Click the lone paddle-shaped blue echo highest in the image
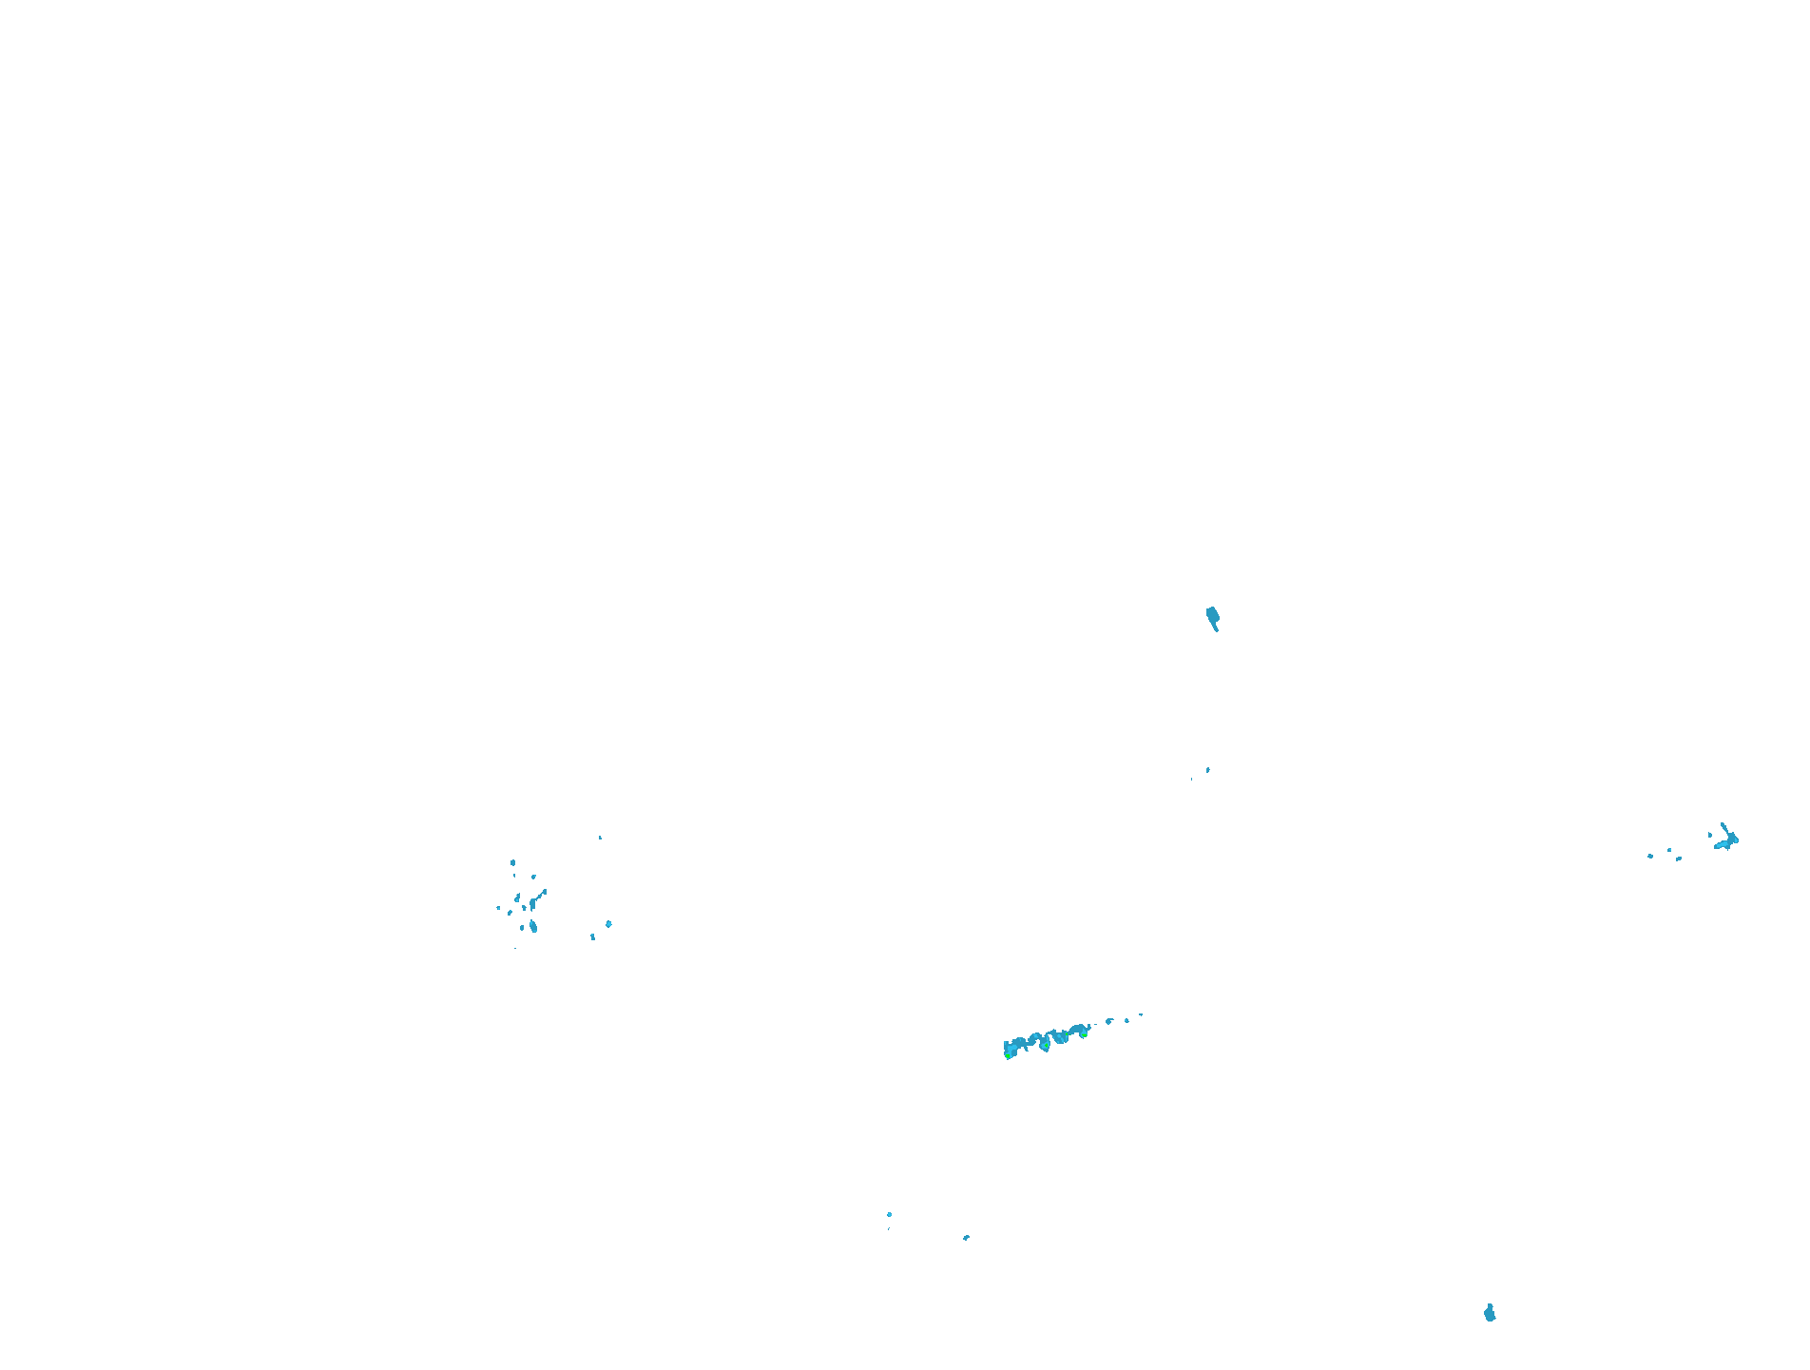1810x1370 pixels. [x=1212, y=617]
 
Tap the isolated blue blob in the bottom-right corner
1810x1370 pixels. [x=1490, y=1314]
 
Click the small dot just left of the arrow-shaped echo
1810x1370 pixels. [x=1710, y=835]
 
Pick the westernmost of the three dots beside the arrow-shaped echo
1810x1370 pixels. [x=1650, y=856]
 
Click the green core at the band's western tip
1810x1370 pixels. [x=1008, y=1055]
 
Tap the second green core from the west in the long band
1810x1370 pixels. [x=1046, y=1045]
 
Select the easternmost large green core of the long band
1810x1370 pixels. [x=1084, y=1035]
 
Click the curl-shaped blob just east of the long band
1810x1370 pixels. [x=1108, y=1021]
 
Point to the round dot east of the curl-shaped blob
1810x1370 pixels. [x=1126, y=1020]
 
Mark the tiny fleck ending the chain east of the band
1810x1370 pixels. [x=1141, y=1014]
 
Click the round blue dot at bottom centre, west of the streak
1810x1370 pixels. [x=889, y=1214]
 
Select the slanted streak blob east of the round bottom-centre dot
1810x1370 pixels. [x=966, y=1238]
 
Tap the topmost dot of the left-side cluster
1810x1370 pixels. [x=513, y=862]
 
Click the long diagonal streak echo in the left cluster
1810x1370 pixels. [x=540, y=896]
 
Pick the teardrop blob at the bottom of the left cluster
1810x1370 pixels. [x=533, y=927]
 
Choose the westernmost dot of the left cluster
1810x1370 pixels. [x=498, y=908]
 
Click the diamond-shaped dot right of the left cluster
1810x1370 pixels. [x=608, y=924]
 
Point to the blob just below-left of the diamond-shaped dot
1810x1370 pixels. [x=592, y=936]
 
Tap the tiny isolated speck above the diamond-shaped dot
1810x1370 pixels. [x=600, y=838]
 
